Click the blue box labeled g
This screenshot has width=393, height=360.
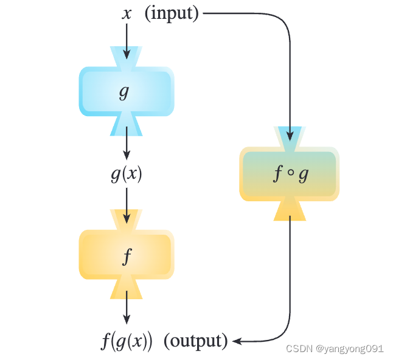[x=126, y=91]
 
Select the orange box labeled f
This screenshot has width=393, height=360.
[x=126, y=254]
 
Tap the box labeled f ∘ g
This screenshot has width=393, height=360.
[x=289, y=174]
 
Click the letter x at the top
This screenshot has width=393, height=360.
[x=127, y=13]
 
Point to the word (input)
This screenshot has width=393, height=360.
[x=172, y=13]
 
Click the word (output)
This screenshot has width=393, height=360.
[x=195, y=340]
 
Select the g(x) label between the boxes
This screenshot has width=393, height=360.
[x=127, y=174]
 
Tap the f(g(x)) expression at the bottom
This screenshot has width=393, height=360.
[x=127, y=340]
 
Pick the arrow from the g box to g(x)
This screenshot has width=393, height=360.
[x=127, y=143]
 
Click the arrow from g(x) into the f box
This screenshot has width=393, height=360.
[x=127, y=204]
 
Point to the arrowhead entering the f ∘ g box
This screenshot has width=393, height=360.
[x=290, y=136]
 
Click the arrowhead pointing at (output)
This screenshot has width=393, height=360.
[x=238, y=341]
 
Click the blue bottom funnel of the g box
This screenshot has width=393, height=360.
[x=127, y=124]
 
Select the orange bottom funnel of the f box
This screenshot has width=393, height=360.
[x=127, y=289]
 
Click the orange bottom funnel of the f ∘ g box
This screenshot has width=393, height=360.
[x=290, y=209]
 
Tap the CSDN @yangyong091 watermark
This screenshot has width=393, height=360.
[x=335, y=348]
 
